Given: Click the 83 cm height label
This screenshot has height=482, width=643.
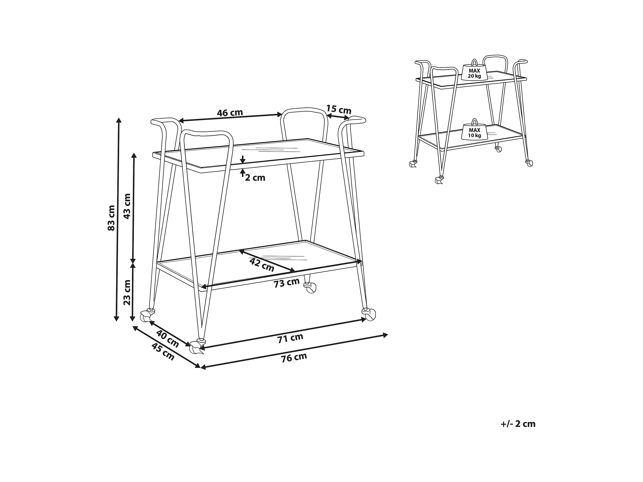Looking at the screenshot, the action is click(x=111, y=218).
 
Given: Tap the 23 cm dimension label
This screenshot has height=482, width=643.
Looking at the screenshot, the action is click(x=127, y=292).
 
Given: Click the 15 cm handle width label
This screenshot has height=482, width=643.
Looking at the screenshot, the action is click(x=339, y=109).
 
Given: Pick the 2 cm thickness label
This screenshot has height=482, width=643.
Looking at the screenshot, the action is click(x=255, y=178).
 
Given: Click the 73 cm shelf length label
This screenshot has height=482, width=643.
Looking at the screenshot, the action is click(x=287, y=283).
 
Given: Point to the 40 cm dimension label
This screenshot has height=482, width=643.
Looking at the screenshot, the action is click(x=167, y=339).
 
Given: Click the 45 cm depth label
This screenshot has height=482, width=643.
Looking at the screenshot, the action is click(x=163, y=352).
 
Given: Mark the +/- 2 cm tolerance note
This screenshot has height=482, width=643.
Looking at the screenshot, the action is click(x=518, y=424).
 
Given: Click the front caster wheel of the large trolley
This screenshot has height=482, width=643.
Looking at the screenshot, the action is click(x=197, y=347).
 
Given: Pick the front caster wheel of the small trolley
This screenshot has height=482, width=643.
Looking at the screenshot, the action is click(x=439, y=180).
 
